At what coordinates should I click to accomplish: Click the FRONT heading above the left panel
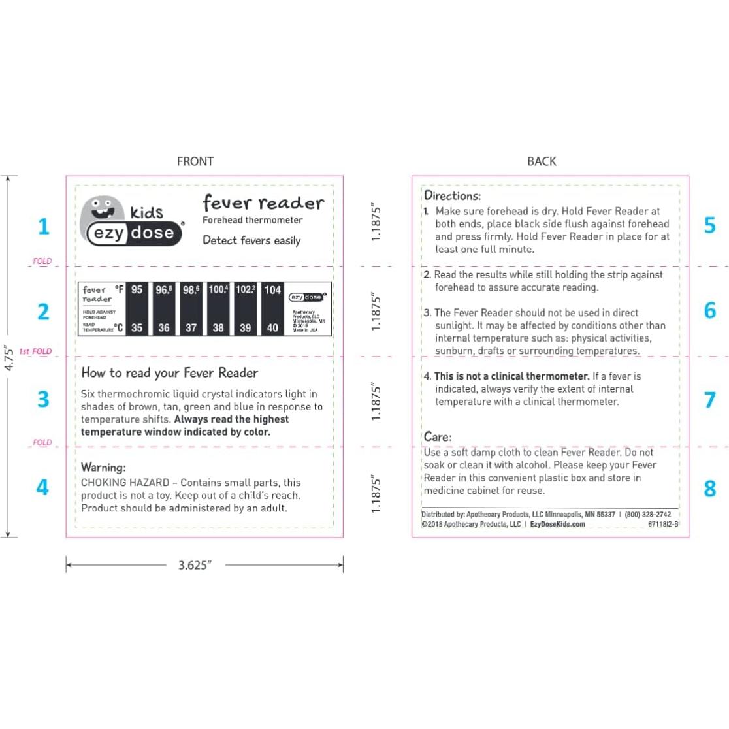(195, 161)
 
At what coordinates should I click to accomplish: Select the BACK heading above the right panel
(542, 161)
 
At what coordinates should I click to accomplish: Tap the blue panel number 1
(43, 227)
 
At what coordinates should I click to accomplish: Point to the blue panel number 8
(709, 489)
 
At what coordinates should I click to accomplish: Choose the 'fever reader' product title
(263, 203)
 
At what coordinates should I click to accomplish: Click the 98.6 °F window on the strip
(191, 290)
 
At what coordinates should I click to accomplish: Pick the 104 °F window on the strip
(272, 290)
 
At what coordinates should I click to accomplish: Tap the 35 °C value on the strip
(137, 328)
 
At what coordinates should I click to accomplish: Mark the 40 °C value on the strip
(272, 328)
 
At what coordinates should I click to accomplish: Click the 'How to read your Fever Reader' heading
(169, 373)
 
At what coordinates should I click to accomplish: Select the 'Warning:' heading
(103, 468)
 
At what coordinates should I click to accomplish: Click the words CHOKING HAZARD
(125, 483)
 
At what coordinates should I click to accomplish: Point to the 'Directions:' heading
(452, 195)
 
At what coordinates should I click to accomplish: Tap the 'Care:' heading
(437, 437)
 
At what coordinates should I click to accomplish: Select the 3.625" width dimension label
(195, 565)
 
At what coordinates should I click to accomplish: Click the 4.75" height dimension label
(8, 358)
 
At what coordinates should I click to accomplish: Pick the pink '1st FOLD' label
(35, 351)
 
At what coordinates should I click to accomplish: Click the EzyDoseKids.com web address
(557, 524)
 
